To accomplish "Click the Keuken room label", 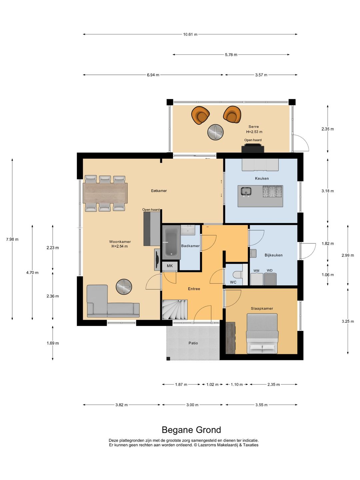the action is tap(262, 178).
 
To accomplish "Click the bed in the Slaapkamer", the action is tap(262, 333).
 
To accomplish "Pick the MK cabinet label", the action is tap(170, 266).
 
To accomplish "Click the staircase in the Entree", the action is tap(175, 310).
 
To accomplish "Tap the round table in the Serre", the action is tap(216, 132).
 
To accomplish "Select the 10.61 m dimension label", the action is tap(190, 34).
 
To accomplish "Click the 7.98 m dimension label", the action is tap(12, 239).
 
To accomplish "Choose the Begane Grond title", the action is tap(191, 430).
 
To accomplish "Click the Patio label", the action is tap(193, 343).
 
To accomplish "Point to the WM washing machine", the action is tap(257, 279).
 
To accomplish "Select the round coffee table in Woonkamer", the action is tap(124, 286).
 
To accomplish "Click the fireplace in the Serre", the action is tap(253, 148).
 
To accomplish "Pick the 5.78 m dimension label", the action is tap(231, 55).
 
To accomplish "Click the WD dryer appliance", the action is tap(270, 279).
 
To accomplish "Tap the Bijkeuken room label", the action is tap(273, 255).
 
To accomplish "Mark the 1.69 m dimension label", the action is tap(53, 343).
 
